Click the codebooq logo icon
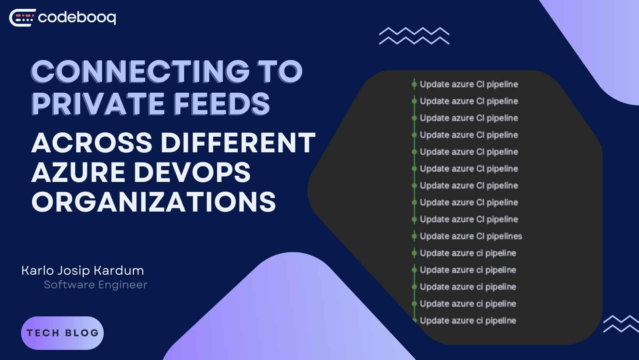click(x=22, y=18)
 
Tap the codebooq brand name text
click(x=77, y=18)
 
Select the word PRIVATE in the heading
click(x=98, y=104)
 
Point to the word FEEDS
click(x=222, y=104)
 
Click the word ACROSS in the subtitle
click(x=92, y=143)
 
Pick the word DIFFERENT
click(x=238, y=143)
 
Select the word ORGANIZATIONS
click(x=154, y=202)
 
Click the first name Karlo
click(x=37, y=270)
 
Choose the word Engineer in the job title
click(x=123, y=285)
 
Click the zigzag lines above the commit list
click(x=414, y=36)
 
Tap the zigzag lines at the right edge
click(x=621, y=324)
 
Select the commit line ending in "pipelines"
click(x=471, y=236)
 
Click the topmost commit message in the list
click(x=469, y=84)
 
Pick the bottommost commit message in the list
click(x=468, y=321)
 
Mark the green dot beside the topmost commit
click(x=414, y=84)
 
